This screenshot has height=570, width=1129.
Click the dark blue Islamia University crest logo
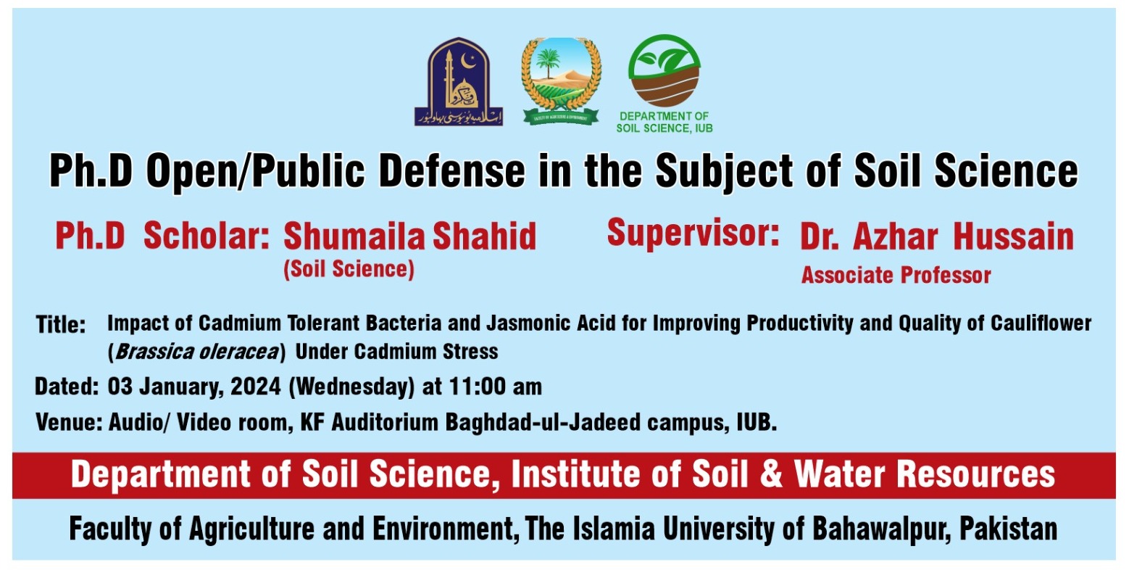click(x=457, y=81)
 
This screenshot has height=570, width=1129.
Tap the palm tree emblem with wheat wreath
click(x=561, y=79)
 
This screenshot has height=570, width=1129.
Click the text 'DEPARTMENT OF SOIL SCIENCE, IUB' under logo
click(x=664, y=122)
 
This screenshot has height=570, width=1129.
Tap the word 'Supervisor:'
click(x=692, y=234)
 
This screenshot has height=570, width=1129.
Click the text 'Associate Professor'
click(x=896, y=276)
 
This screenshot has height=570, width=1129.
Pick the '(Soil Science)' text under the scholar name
click(x=349, y=270)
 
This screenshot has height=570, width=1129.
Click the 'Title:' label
click(x=61, y=325)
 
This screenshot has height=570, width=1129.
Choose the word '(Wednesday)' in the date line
click(x=351, y=387)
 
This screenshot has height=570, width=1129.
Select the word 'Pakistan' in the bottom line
click(x=1008, y=529)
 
